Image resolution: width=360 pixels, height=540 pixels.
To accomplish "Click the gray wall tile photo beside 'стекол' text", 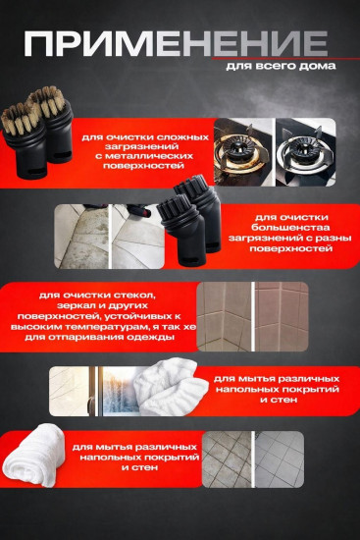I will (253, 316).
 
